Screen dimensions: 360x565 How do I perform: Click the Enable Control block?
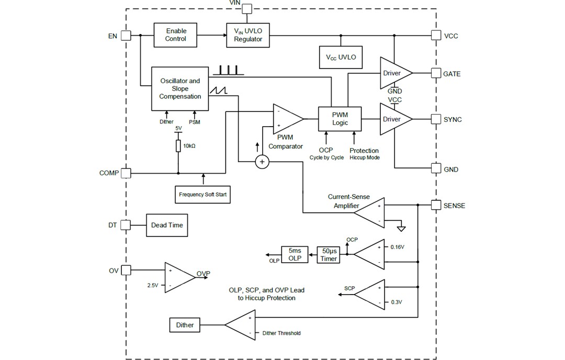point(175,35)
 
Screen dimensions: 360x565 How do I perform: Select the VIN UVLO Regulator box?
point(248,35)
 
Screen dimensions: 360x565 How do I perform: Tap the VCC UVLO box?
point(341,57)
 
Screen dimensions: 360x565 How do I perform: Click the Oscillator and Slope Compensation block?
point(179,88)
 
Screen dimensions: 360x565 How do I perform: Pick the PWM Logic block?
point(340,119)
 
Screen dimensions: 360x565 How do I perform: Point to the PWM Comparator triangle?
point(287,119)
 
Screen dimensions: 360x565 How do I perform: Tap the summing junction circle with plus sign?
point(262,162)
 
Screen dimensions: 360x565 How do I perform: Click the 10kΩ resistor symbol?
point(178,145)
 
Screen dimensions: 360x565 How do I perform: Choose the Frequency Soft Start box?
point(204,194)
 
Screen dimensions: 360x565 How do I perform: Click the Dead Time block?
point(166,225)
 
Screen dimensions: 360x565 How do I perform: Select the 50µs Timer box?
point(329,254)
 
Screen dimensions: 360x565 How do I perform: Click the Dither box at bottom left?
point(185,325)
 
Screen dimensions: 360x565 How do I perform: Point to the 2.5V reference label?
point(153,285)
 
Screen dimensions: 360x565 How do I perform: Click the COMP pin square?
point(126,173)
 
